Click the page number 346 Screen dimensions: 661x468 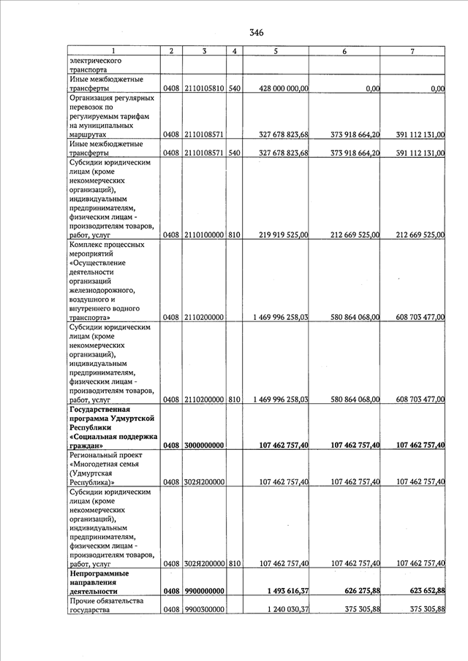(x=255, y=32)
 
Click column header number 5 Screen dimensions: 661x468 (x=275, y=50)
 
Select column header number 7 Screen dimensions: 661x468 (x=412, y=50)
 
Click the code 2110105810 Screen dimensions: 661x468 (x=205, y=88)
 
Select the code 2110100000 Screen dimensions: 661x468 (x=205, y=234)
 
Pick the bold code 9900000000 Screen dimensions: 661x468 (x=205, y=591)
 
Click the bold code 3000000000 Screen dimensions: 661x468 (x=205, y=445)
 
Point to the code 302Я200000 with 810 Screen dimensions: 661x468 (x=205, y=563)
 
